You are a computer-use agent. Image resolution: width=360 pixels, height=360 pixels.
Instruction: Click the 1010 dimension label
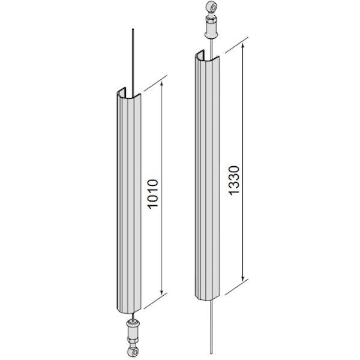153,194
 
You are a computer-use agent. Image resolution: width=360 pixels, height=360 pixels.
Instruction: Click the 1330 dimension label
234,180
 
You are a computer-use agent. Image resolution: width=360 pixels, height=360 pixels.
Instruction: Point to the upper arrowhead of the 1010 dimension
162,84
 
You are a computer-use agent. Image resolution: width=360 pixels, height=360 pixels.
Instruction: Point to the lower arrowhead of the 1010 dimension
162,292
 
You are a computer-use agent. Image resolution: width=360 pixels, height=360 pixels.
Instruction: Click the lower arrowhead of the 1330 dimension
243,278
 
